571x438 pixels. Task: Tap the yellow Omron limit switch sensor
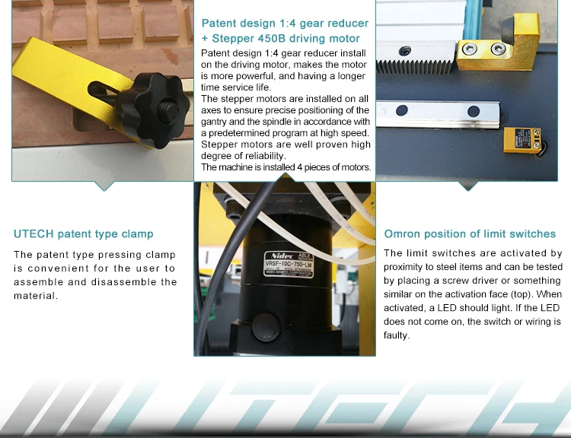522,140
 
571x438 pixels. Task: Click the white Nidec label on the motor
289,263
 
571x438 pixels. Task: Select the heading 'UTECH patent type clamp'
84,234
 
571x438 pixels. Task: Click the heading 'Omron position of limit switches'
470,234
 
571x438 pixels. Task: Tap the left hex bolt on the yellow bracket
470,49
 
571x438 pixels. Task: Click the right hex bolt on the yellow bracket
498,49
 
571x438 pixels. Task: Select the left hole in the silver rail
402,110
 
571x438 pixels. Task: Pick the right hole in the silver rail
474,111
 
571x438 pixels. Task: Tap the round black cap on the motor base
266,328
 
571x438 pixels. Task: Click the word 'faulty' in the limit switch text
395,335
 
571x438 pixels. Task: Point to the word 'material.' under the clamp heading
36,296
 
